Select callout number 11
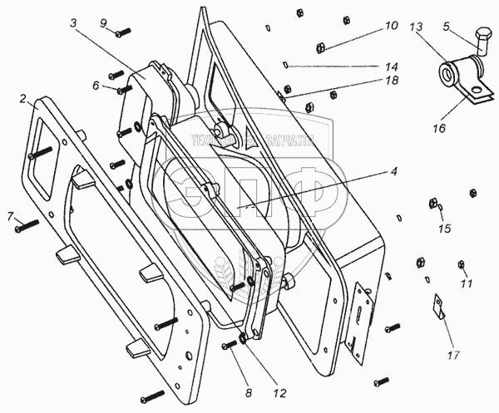coord(466,284)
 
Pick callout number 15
coord(444,228)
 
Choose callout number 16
coord(438,129)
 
